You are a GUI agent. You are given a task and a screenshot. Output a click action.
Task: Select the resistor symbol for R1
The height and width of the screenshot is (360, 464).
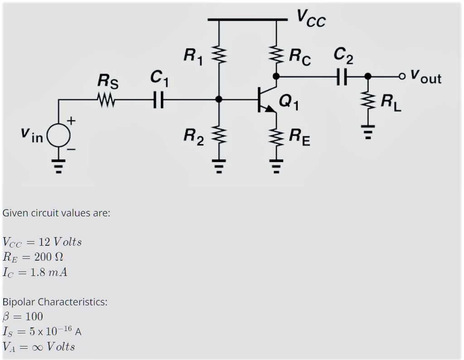point(219,55)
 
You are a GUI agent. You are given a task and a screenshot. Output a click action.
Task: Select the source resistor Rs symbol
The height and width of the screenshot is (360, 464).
point(108,99)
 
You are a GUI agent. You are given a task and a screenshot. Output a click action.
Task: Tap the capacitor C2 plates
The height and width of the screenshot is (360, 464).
point(342,77)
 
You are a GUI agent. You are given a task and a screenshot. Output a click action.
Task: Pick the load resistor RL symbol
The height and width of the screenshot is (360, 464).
point(368,102)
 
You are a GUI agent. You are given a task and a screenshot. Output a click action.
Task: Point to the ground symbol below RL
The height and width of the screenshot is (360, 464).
point(368,131)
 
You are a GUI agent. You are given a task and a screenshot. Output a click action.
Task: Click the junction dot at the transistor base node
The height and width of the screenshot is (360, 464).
point(219,99)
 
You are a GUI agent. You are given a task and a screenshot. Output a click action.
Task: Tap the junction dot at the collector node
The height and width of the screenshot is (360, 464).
point(276,77)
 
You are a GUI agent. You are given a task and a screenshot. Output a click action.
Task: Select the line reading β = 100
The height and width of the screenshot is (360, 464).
point(23,316)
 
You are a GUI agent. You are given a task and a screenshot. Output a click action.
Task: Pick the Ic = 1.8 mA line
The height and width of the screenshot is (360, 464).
point(35,272)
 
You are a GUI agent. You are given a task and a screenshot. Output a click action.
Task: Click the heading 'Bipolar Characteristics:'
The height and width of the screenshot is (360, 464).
point(55,302)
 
